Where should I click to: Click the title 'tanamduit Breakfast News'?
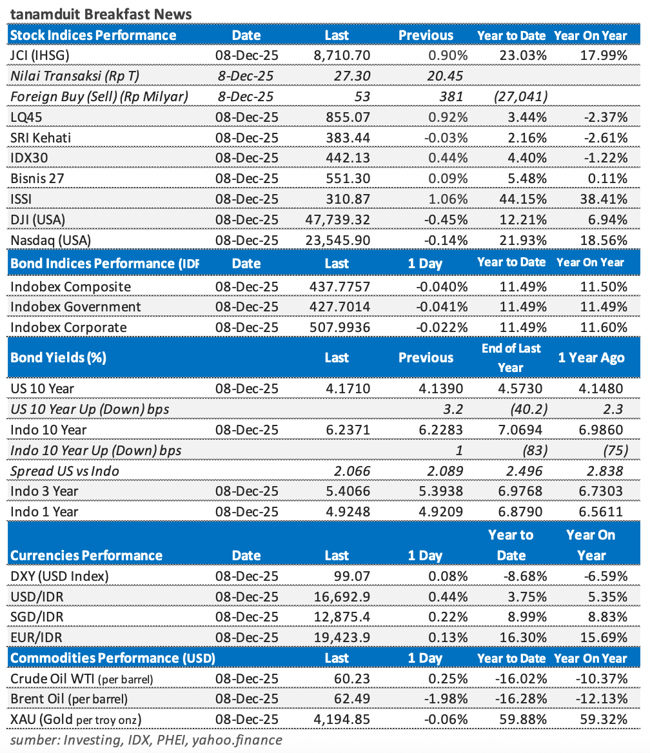(101, 14)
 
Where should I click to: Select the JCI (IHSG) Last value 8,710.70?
(339, 55)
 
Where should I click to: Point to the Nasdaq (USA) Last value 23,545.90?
(337, 240)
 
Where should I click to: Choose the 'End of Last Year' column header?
(511, 357)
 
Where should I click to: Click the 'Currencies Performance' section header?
(86, 555)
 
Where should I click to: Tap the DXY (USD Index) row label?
(59, 576)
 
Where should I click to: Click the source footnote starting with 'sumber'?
(146, 739)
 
